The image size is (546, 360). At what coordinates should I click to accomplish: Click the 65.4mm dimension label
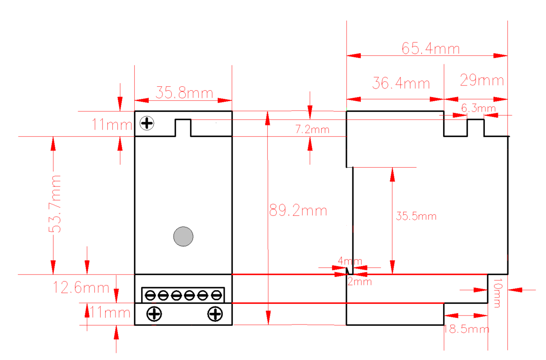(431, 48)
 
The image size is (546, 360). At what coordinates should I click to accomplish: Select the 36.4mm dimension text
(401, 83)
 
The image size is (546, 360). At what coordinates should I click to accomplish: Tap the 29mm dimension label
(482, 80)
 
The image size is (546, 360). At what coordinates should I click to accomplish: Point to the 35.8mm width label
(185, 93)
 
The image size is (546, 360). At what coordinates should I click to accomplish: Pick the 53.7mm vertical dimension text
(55, 204)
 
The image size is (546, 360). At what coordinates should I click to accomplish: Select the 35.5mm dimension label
(416, 216)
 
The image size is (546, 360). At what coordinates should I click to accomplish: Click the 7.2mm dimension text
(312, 129)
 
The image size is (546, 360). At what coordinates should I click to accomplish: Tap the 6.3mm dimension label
(479, 108)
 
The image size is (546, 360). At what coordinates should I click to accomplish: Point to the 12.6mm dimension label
(81, 287)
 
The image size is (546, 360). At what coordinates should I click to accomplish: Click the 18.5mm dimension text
(466, 329)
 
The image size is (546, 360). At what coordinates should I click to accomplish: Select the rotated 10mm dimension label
(498, 293)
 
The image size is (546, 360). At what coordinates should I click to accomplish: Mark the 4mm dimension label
(350, 261)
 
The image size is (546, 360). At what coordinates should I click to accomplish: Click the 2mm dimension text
(360, 281)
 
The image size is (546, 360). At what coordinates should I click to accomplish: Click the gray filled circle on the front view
(183, 236)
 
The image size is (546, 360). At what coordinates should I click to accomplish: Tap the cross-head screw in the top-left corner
(147, 123)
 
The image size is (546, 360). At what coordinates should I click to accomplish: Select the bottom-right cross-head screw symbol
(215, 314)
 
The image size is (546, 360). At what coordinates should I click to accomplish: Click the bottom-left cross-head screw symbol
(154, 314)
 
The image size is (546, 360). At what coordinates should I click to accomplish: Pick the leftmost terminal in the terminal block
(150, 295)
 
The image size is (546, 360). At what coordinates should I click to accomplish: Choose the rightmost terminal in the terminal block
(216, 295)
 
